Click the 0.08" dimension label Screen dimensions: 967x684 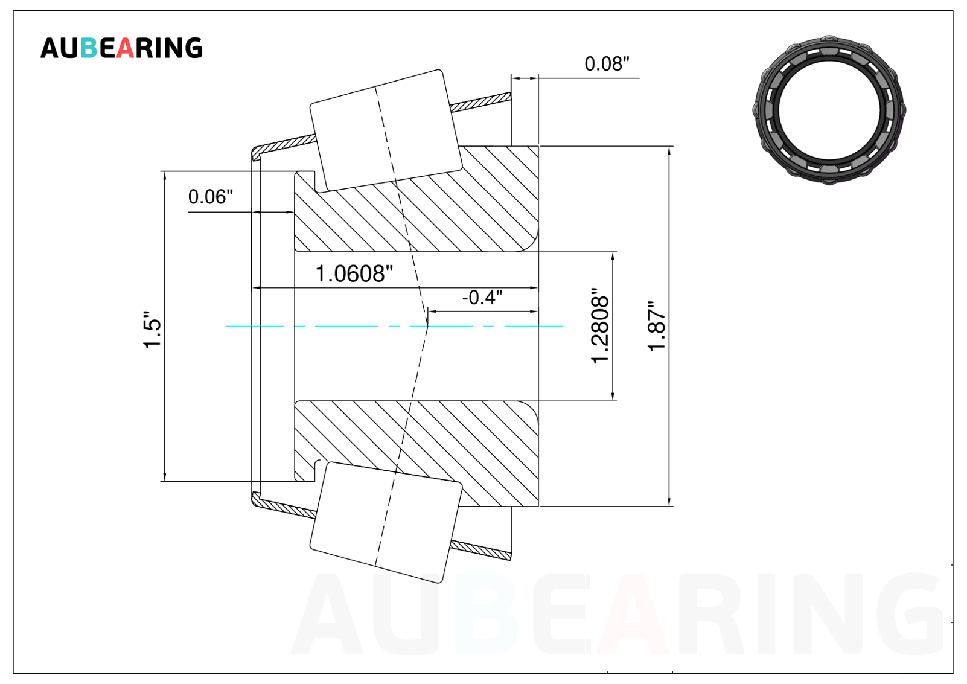[x=607, y=64]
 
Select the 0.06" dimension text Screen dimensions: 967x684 [x=210, y=197]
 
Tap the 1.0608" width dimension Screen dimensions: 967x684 [x=354, y=273]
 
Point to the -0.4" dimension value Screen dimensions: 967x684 [x=482, y=298]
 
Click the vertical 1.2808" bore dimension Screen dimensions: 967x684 [x=600, y=326]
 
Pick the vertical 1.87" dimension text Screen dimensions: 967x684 [x=657, y=327]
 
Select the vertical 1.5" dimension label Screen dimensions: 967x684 [x=152, y=329]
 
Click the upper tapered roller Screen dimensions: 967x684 [x=386, y=130]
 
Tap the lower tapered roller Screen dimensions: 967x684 [x=386, y=522]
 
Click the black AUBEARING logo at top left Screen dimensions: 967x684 [x=121, y=48]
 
